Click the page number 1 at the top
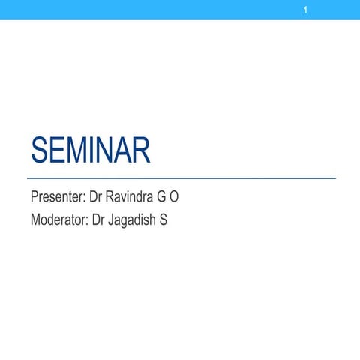(x=306, y=10)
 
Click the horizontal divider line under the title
(x=180, y=178)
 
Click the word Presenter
(x=56, y=199)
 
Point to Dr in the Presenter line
(x=97, y=199)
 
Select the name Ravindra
(x=133, y=199)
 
